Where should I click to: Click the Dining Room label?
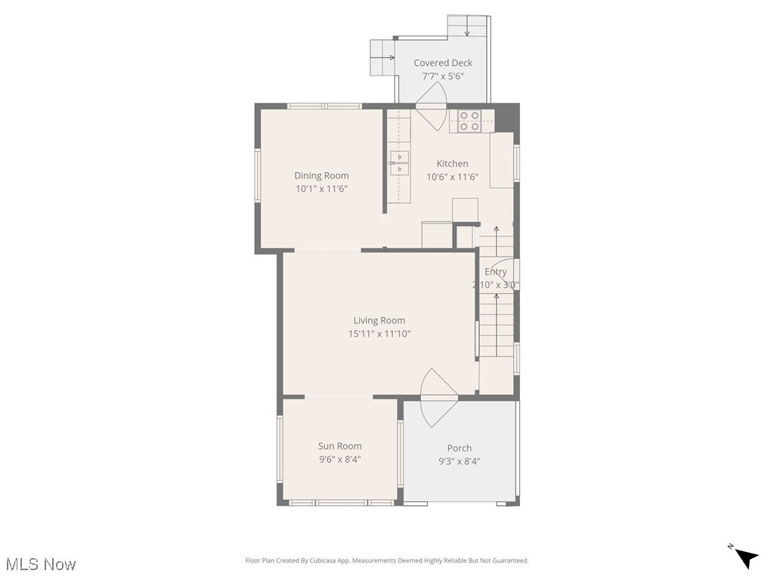321,176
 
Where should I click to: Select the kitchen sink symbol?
399,162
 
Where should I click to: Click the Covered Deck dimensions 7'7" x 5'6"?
443,76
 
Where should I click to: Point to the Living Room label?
379,321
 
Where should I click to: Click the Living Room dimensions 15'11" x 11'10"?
379,334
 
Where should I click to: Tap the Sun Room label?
339,446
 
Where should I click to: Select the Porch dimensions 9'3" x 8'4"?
459,461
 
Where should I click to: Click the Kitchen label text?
452,164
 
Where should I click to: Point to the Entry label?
496,272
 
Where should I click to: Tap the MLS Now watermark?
41,564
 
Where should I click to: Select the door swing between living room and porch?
438,396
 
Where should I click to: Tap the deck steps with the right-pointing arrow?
382,57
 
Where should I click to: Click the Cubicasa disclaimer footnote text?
387,560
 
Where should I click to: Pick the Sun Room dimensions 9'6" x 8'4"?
339,459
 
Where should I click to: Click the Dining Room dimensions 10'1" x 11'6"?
321,189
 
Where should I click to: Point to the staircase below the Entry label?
497,325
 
